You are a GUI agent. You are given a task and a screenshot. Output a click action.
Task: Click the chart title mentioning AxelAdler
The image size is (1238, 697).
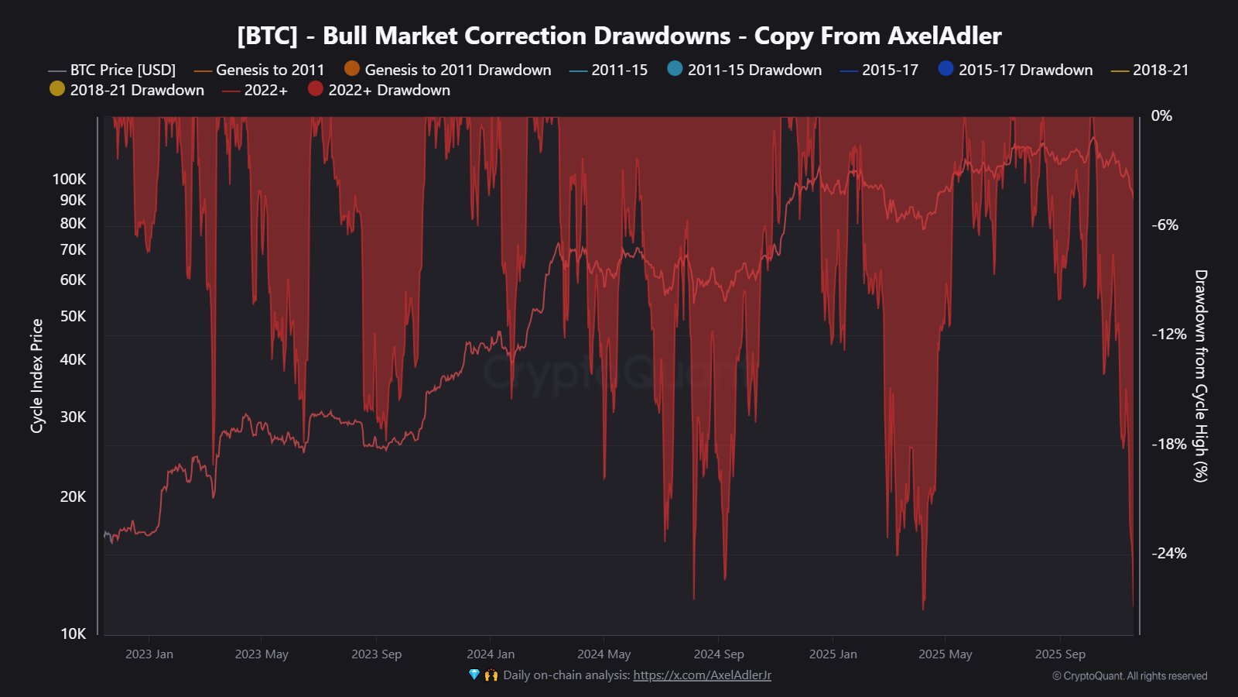[x=619, y=36]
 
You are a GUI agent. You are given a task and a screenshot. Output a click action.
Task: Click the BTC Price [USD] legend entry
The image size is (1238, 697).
[x=122, y=70]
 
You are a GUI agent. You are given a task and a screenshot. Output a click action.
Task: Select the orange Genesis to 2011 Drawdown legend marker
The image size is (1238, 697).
[x=352, y=69]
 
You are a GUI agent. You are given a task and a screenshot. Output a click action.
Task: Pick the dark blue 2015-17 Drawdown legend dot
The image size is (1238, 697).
[x=946, y=69]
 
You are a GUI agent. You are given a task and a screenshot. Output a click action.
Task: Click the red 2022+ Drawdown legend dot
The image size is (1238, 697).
[x=316, y=89]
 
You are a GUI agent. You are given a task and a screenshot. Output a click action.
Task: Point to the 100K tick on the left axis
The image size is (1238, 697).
[x=70, y=179]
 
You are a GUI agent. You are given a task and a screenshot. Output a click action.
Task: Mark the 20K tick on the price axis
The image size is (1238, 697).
[x=73, y=496]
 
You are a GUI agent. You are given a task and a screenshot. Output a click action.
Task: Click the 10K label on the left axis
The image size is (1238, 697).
[x=73, y=633]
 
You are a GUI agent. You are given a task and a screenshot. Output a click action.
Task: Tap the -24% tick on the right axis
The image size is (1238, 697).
[x=1168, y=553]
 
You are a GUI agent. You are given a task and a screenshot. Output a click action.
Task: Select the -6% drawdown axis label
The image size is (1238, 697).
[x=1165, y=225]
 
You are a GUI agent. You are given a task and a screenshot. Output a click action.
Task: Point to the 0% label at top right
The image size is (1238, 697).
[x=1161, y=115]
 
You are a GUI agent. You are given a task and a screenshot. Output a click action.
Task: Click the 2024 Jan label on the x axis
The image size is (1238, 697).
[x=491, y=654]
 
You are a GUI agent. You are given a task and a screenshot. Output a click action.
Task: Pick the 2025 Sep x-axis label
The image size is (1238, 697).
[x=1060, y=654]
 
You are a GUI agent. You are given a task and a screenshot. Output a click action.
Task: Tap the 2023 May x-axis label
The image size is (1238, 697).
[x=262, y=654]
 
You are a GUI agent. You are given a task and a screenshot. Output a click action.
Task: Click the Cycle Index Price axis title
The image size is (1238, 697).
[x=36, y=376]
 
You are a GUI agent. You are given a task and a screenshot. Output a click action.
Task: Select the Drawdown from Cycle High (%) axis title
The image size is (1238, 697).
[x=1200, y=376]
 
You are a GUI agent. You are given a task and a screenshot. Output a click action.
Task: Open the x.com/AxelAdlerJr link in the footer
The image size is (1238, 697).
[x=702, y=675]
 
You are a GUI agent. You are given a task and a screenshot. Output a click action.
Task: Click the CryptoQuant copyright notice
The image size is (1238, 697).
[x=1129, y=676]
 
